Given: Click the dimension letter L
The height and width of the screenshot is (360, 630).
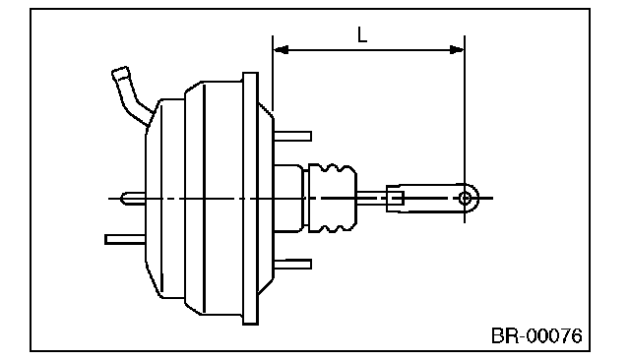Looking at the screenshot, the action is coord(362,34).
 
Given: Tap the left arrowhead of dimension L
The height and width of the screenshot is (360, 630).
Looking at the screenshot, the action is coord(281,50).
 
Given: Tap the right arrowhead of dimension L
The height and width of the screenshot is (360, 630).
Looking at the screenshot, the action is coord(457,50).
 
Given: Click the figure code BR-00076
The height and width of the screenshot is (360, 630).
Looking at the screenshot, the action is coord(536,335).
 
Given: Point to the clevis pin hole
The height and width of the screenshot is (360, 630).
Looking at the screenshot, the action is coord(465,198).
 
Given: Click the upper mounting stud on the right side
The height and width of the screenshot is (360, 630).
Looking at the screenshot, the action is coord(292,137).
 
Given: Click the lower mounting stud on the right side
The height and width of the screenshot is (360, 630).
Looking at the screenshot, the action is coord(292,264).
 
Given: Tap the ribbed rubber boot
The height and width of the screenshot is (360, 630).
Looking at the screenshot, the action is coord(332,198).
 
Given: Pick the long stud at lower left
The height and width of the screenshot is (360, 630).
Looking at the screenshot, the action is coord(125,240).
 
